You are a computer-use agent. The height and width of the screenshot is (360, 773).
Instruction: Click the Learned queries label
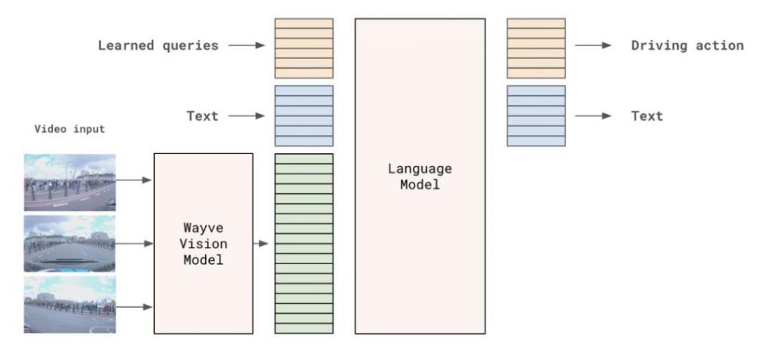(x=159, y=45)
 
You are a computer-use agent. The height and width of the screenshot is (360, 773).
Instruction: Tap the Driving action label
(x=687, y=45)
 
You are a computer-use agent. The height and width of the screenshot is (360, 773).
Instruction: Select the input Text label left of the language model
(x=202, y=116)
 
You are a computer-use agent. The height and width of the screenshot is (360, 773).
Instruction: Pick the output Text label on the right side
(x=647, y=116)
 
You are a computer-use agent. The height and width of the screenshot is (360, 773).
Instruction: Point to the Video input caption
(x=69, y=129)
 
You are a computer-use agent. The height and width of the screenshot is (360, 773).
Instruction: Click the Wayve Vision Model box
(x=204, y=244)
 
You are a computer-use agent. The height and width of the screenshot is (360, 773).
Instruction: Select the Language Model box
(x=420, y=176)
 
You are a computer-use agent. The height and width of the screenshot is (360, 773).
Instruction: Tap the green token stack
(x=303, y=244)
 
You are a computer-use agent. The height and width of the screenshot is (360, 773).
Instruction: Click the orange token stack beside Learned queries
(x=303, y=48)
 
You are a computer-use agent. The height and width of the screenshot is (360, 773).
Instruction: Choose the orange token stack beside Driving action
(x=537, y=48)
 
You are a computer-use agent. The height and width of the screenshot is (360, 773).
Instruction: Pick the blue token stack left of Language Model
(x=303, y=116)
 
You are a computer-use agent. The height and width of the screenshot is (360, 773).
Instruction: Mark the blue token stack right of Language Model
(x=537, y=116)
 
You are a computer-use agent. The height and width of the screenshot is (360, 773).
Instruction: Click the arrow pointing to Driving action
(x=593, y=45)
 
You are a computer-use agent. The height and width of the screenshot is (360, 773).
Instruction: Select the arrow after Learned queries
(x=247, y=45)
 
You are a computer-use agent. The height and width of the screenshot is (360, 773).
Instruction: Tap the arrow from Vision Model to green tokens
(x=260, y=244)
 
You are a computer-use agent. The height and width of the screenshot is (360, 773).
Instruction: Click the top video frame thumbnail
(x=70, y=183)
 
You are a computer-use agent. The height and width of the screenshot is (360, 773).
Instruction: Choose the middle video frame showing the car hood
(x=70, y=244)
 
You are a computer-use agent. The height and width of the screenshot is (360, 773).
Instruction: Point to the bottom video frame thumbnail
(x=70, y=304)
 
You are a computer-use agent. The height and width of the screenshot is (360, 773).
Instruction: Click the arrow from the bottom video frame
(x=134, y=306)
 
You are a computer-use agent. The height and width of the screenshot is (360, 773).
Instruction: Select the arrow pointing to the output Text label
(x=593, y=116)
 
